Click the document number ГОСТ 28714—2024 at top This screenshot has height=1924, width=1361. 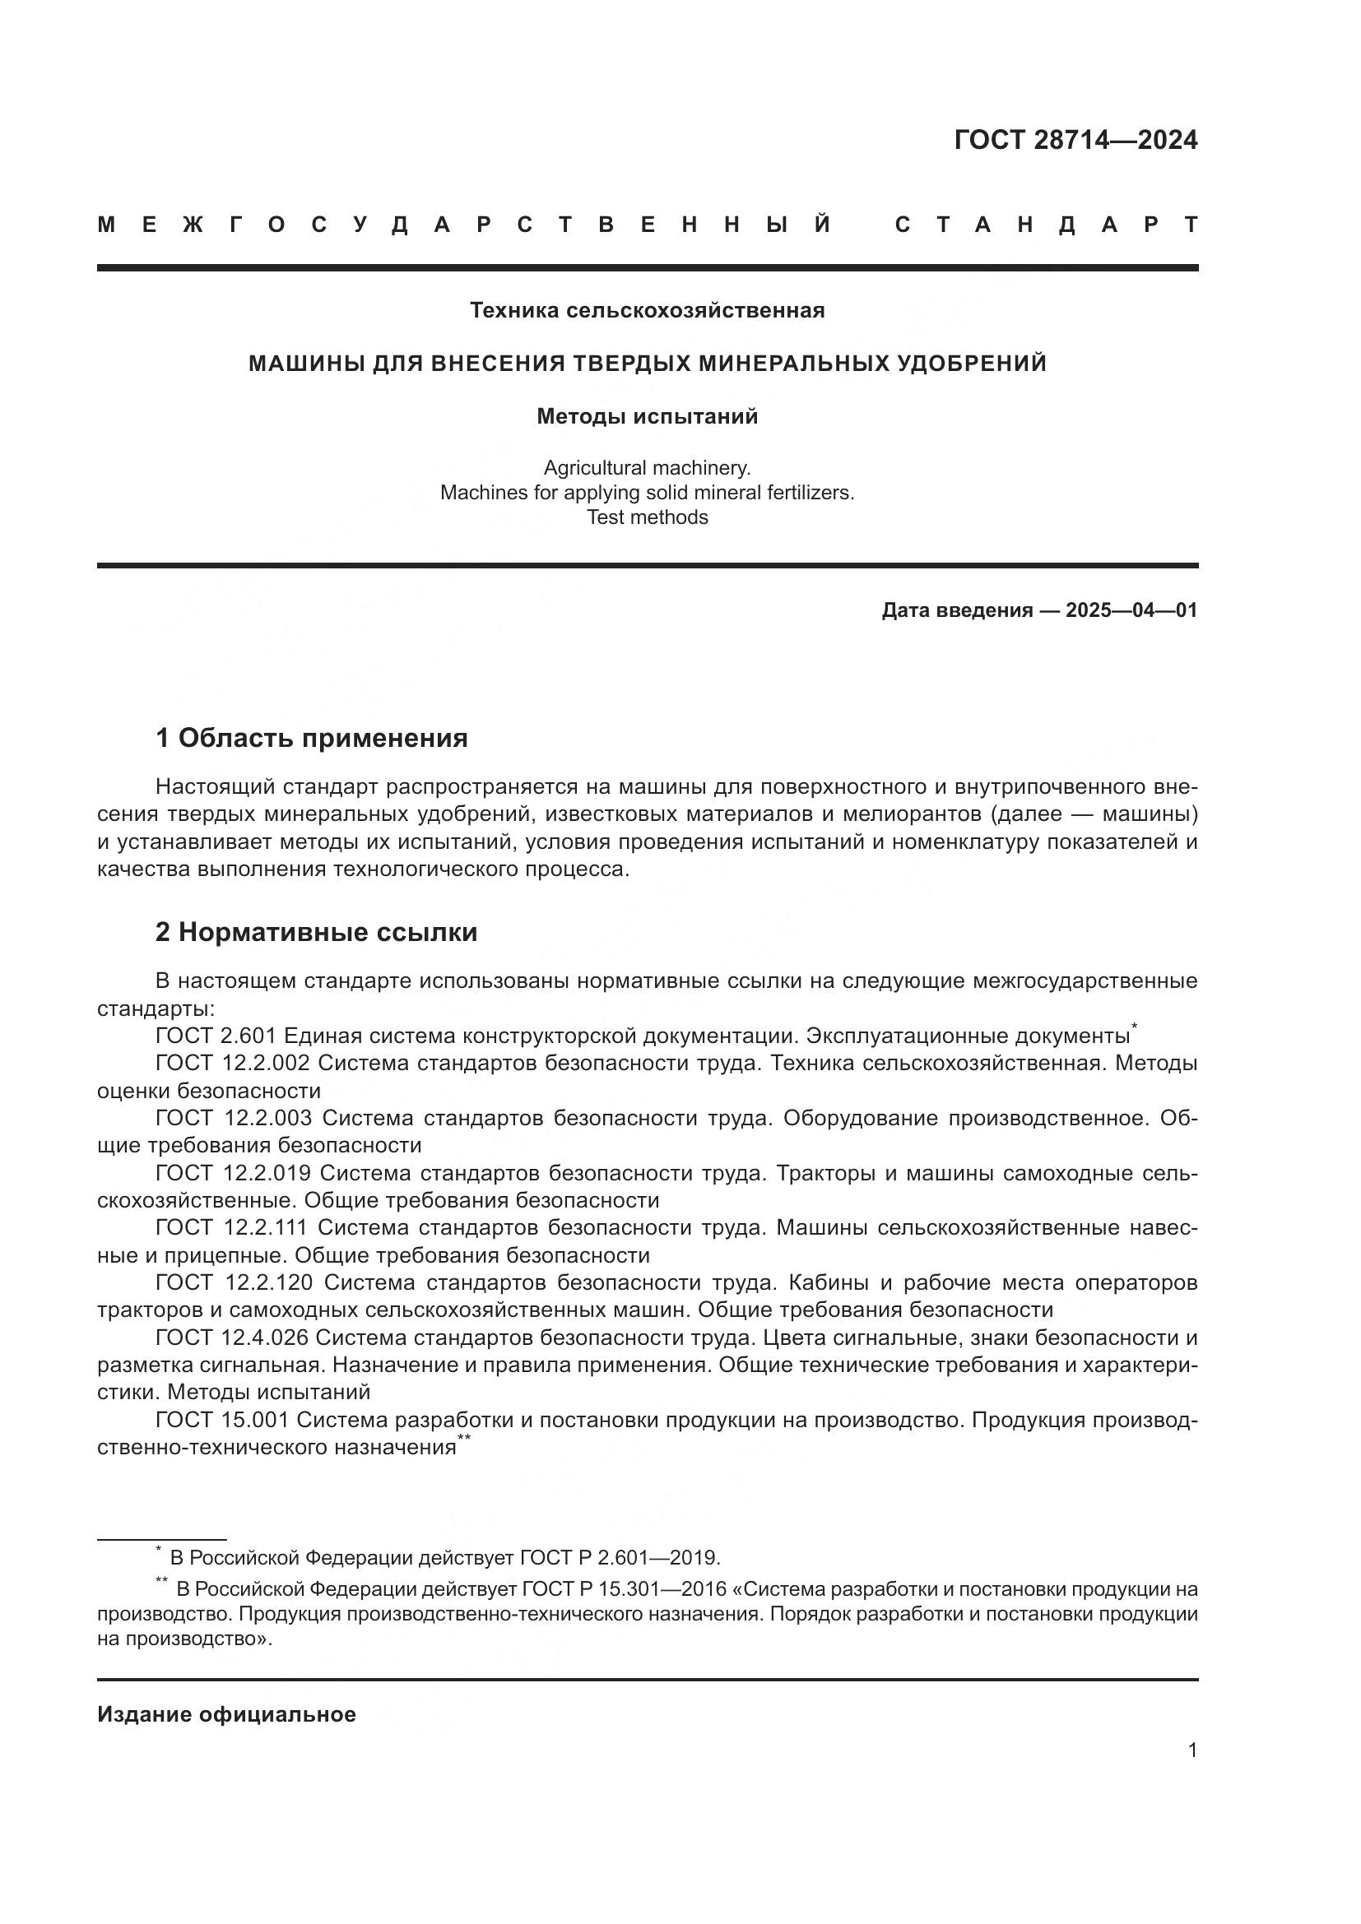(x=1075, y=140)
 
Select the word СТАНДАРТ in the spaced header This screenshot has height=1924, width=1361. (x=1046, y=225)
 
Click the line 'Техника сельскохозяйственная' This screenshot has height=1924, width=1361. (x=647, y=311)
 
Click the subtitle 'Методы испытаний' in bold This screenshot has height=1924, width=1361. (x=647, y=416)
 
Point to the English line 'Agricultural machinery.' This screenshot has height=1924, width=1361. (x=647, y=467)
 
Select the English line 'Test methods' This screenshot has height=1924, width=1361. (x=647, y=517)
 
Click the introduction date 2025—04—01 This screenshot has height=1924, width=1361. (x=1131, y=610)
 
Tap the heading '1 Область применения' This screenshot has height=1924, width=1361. (x=311, y=738)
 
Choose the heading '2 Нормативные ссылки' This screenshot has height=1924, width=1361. (x=316, y=932)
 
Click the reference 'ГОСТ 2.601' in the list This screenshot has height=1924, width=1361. (x=216, y=1036)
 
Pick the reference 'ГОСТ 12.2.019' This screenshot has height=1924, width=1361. (x=232, y=1173)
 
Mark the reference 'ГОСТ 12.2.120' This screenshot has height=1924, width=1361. (x=234, y=1283)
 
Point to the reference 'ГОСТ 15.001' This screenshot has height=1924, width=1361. (x=222, y=1420)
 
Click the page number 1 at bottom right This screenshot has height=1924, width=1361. (x=1191, y=1750)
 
